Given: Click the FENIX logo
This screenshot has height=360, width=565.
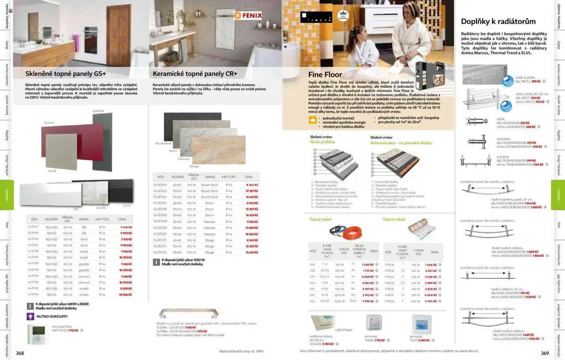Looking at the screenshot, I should click(248, 15).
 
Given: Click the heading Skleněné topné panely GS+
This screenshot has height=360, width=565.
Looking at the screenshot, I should click(65, 74).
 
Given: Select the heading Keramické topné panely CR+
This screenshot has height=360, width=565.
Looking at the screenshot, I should click(195, 74).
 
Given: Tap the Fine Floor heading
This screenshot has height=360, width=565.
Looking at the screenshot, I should click(325, 75).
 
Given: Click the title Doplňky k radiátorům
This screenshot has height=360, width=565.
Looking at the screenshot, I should click(498, 21).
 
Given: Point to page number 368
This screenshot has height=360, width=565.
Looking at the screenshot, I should click(20, 353).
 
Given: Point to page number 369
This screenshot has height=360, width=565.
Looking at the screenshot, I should click(545, 353).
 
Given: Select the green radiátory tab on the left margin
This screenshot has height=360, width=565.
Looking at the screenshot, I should click(7, 195).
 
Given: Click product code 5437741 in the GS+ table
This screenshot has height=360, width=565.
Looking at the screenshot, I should click(33, 227).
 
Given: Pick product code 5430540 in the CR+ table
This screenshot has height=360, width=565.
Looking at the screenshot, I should click(160, 185).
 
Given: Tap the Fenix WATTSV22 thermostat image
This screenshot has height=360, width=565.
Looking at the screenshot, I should click(38, 334).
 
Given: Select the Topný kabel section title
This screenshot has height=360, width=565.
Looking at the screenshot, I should click(320, 219).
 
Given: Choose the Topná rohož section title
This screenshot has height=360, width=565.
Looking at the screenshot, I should click(394, 219).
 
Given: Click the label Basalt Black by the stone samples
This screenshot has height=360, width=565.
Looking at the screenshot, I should click(163, 143).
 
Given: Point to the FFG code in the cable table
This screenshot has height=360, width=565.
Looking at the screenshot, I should click(313, 301).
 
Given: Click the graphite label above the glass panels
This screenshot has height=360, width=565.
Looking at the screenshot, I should click(98, 111).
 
